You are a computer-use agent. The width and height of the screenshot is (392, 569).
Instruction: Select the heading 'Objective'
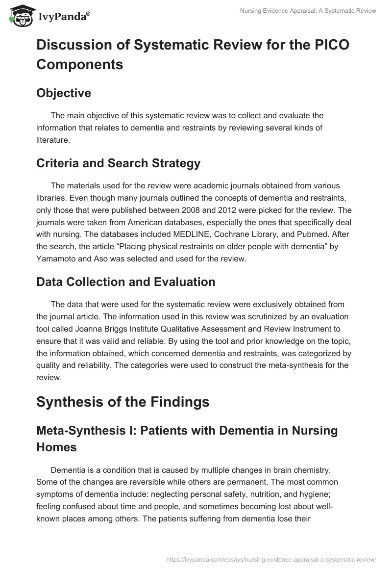pos(64,93)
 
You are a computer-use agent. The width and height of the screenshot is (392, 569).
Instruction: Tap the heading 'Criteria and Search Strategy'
pos(118,163)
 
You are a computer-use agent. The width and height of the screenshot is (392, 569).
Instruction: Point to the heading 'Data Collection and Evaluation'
pos(125,282)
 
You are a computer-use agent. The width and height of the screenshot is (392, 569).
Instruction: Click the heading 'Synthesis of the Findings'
pos(122,402)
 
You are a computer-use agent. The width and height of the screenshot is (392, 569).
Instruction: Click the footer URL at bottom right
pos(271,559)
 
